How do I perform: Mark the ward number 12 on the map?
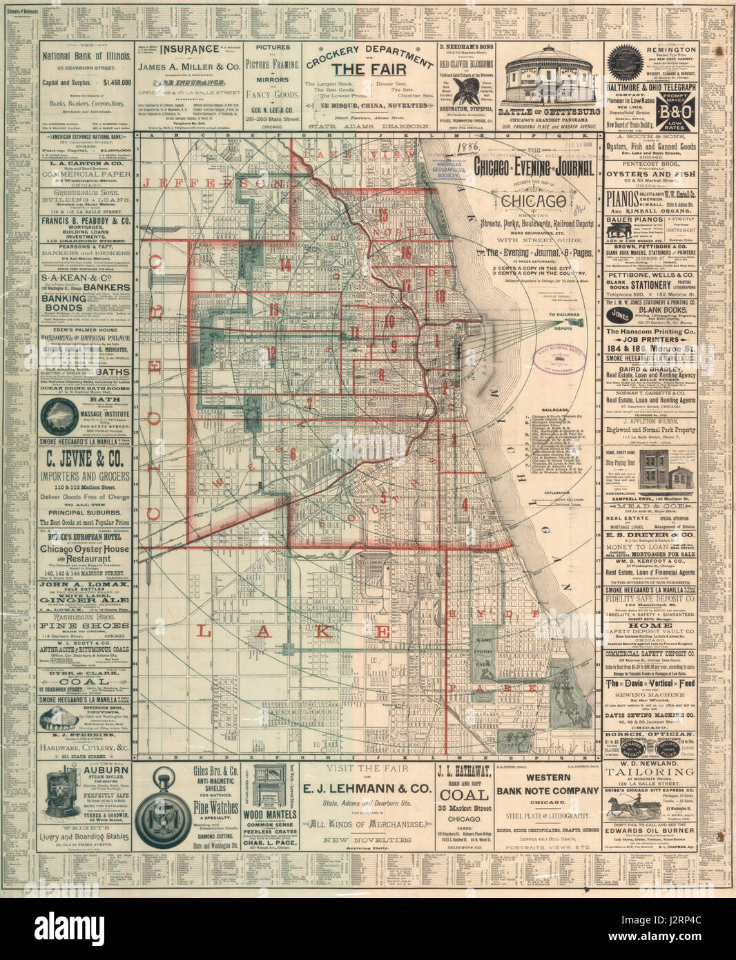coord(271,353)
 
